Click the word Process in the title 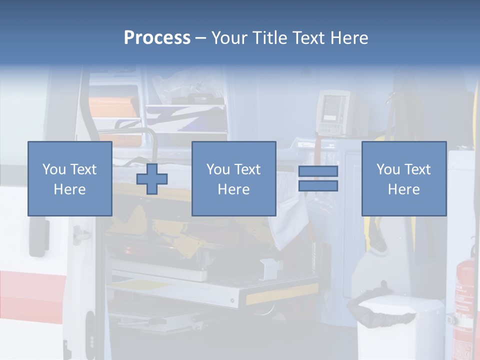(x=157, y=37)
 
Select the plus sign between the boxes (x=152, y=179)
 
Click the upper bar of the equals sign (x=318, y=171)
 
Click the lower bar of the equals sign (x=318, y=186)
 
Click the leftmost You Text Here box (x=70, y=178)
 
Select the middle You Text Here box (x=233, y=178)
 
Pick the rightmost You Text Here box (x=404, y=178)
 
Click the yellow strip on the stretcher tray (x=283, y=294)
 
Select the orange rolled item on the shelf (x=114, y=107)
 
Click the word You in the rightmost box (x=387, y=169)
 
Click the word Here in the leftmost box (x=70, y=189)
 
